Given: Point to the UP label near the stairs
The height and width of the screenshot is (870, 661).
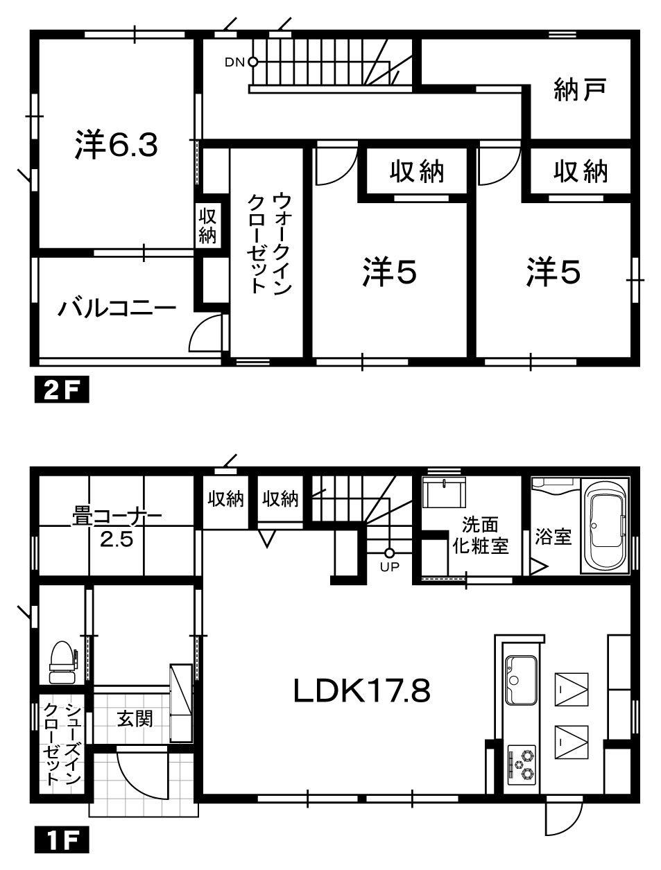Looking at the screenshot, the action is point(389,567).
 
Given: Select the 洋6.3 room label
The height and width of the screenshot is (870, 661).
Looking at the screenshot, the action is point(117,144).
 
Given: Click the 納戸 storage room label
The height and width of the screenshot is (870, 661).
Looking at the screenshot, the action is point(580,89).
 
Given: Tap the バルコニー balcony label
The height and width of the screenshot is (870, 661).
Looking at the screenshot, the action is point(117,308).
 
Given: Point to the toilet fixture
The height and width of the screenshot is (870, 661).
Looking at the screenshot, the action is point(62,662).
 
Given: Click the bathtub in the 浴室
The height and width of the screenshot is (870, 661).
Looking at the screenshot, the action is point(605,525).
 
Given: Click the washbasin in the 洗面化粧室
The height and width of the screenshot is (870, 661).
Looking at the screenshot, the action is point(444,493).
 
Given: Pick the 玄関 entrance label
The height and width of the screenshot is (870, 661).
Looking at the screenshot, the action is point(135,719).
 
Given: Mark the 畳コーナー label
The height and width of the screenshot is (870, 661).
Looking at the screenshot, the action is point(117,518).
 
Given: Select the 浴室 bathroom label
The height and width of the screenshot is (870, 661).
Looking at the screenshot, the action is point(553,537).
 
